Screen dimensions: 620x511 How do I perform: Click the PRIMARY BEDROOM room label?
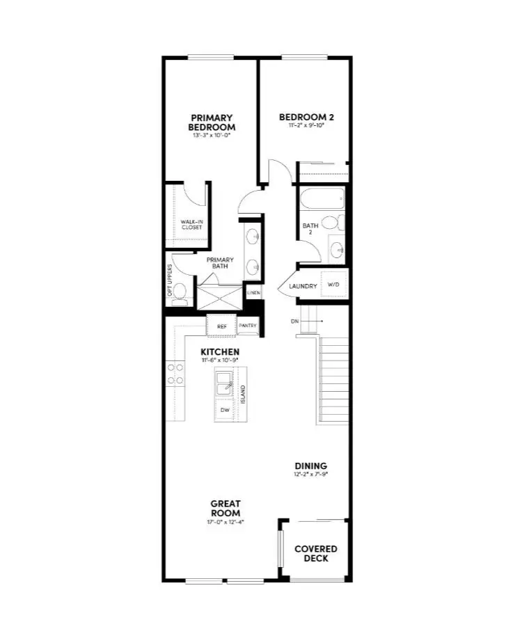[x=212, y=122]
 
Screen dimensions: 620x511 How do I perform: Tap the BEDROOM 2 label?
[x=302, y=117]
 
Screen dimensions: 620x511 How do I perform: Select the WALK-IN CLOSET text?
[x=191, y=224]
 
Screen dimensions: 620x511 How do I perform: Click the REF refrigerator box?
[x=222, y=326]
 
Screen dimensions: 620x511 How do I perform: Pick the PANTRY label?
[x=248, y=326]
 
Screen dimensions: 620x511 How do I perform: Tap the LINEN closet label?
[x=253, y=293]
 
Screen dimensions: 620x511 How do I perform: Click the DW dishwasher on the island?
[x=225, y=411]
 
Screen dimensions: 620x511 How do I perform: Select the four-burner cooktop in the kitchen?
[x=175, y=374]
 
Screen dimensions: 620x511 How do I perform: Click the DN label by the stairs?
[x=294, y=321]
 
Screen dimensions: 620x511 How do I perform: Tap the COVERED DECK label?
[x=315, y=553]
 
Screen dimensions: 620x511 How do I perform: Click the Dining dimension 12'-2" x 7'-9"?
[x=310, y=475]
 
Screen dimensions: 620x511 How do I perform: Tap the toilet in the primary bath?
[x=181, y=292]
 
